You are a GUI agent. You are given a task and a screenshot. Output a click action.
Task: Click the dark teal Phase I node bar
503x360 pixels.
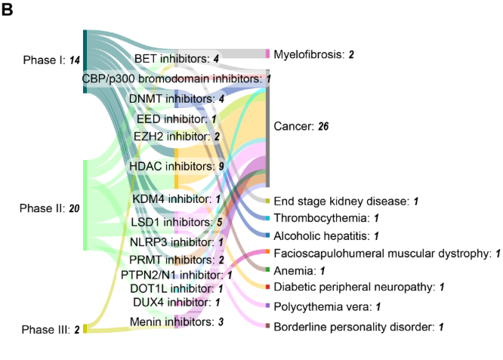(x=85, y=62)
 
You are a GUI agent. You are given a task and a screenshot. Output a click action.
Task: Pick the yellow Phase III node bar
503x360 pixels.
(x=85, y=328)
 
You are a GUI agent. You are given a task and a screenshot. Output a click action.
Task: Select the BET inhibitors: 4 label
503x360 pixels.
(x=177, y=58)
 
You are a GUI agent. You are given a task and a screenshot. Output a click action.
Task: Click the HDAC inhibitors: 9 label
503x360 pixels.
(x=177, y=166)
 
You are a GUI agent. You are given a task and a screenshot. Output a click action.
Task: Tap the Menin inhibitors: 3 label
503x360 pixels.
(x=177, y=322)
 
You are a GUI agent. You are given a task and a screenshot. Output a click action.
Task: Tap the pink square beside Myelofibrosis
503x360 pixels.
(x=267, y=54)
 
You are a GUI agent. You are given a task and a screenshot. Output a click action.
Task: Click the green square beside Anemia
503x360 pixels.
(x=267, y=270)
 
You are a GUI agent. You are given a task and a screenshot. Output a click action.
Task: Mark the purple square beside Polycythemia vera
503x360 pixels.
(x=267, y=306)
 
